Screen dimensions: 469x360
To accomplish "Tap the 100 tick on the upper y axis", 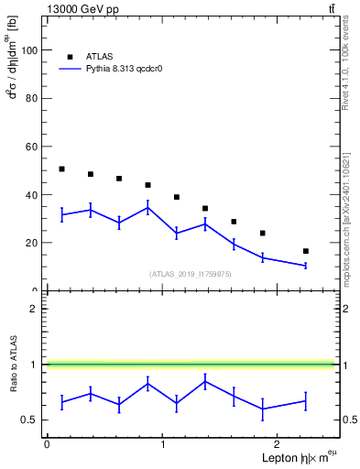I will (29, 50).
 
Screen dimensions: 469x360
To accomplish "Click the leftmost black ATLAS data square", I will (61, 169).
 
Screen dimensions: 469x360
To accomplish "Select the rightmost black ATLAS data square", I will (305, 251).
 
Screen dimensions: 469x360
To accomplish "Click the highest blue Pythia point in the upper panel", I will (147, 207).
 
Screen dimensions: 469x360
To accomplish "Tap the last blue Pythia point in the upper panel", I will (305, 265).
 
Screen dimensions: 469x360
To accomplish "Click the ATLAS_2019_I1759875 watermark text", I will (191, 274).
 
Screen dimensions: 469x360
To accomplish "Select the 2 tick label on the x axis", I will (278, 443).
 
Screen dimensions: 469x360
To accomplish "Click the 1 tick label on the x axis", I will (163, 443).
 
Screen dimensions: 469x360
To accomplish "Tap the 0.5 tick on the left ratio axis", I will (30, 420).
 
